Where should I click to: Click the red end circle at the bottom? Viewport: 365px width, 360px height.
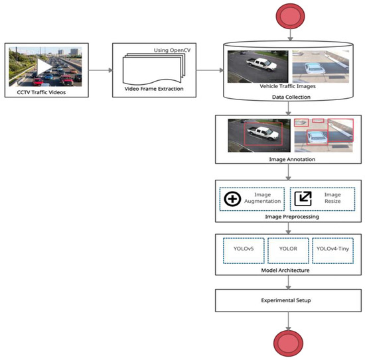(x=289, y=344)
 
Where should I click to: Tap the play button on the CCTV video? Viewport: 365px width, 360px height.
(x=44, y=67)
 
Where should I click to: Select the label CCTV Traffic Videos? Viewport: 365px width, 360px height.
(x=44, y=92)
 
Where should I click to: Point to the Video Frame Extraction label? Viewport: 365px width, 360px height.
(x=153, y=88)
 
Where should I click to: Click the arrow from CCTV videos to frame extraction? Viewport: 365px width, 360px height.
(x=97, y=69)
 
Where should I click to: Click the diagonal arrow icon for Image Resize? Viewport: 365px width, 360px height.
(x=303, y=198)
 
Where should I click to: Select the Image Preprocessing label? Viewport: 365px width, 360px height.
(x=288, y=217)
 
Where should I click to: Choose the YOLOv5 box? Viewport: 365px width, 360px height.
(x=242, y=250)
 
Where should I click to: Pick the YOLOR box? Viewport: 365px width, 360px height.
(x=288, y=250)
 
